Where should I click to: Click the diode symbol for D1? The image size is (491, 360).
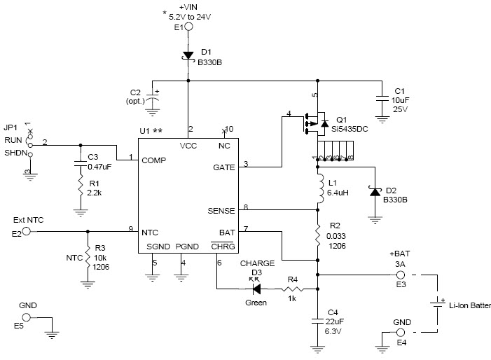tap(188, 55)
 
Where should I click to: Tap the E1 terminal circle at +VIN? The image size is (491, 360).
tap(188, 27)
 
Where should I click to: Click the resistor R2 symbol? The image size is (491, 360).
tap(319, 234)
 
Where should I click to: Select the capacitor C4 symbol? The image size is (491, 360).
tap(319, 321)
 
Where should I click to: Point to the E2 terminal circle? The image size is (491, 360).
tap(26, 231)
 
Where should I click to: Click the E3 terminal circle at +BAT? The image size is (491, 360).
tap(402, 275)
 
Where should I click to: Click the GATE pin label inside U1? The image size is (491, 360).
tap(224, 168)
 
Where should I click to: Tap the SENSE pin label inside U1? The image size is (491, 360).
tap(221, 209)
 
